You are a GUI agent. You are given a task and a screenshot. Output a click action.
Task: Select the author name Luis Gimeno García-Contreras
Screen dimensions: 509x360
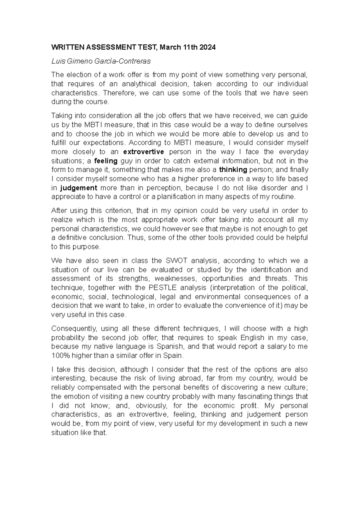coord(101,62)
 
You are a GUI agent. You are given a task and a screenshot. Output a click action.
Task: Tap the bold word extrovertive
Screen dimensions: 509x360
coord(144,152)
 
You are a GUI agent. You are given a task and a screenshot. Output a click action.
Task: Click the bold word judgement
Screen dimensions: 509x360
coord(79,188)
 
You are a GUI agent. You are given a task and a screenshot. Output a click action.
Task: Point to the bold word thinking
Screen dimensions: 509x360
coord(233,170)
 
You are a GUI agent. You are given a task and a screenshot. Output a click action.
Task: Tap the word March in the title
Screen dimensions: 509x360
coord(170,47)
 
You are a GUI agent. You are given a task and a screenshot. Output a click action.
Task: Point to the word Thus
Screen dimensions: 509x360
coord(134,238)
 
